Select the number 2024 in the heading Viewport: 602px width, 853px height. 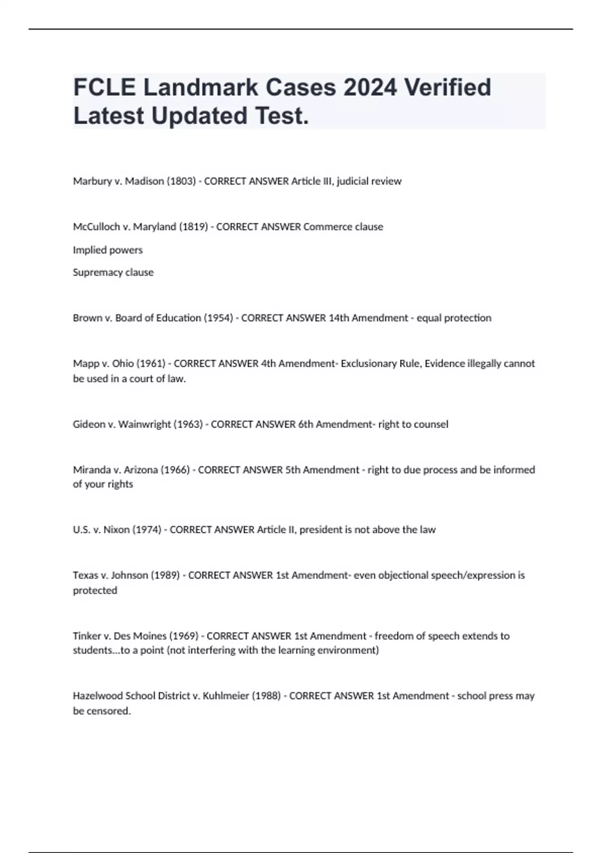coord(370,87)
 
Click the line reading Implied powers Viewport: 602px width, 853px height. coord(108,250)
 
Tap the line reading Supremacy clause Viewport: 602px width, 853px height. coord(113,272)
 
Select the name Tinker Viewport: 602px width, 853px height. coord(87,636)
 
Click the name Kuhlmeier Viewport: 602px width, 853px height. coord(226,696)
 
